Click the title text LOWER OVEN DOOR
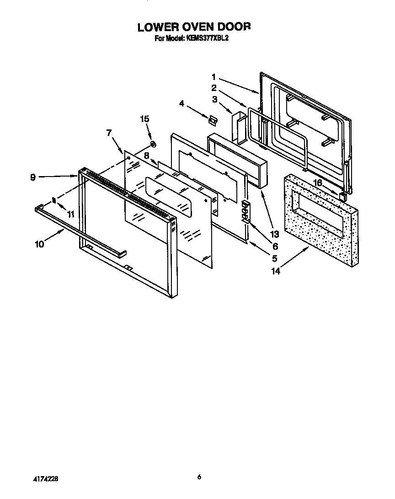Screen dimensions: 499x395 [x=194, y=27]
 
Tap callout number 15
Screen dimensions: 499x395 [x=144, y=119]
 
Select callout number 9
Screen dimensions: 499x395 [x=33, y=177]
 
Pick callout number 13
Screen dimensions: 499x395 [x=274, y=235]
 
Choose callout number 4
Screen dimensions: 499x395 [x=182, y=104]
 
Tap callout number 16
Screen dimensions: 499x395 [x=316, y=183]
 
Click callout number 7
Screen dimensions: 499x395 [x=109, y=133]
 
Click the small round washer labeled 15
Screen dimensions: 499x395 [x=153, y=145]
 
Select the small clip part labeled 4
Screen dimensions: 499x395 [x=212, y=120]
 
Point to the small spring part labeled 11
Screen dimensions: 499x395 [x=53, y=200]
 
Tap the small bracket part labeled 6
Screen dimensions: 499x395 [x=246, y=210]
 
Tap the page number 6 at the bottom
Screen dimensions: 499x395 [x=199, y=477]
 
